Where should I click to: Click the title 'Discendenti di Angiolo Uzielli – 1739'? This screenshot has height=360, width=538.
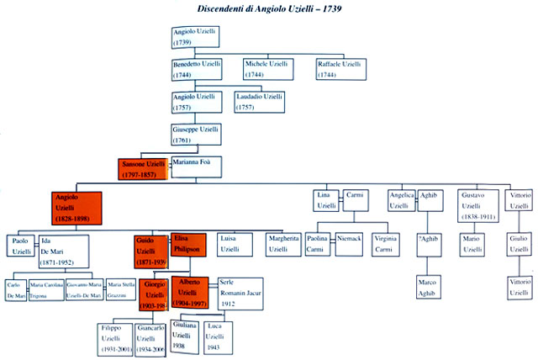click(x=270, y=9)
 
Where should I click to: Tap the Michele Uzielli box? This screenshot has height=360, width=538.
click(x=268, y=68)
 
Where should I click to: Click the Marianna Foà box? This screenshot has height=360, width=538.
click(x=198, y=167)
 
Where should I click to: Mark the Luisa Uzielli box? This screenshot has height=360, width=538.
click(x=235, y=245)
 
